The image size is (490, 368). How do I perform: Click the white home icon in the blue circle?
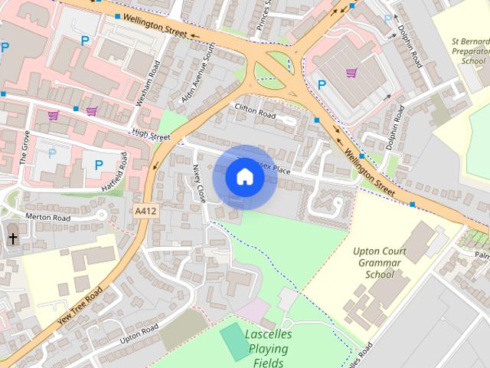click(245, 177)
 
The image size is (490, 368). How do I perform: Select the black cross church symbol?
click(13, 239)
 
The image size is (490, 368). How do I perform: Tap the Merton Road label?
click(47, 218)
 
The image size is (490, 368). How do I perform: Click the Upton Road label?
click(139, 333)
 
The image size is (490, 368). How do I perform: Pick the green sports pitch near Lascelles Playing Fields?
click(235, 341)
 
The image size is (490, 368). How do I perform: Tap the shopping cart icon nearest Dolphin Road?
click(351, 73)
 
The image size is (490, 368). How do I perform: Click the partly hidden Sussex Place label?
click(276, 168)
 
